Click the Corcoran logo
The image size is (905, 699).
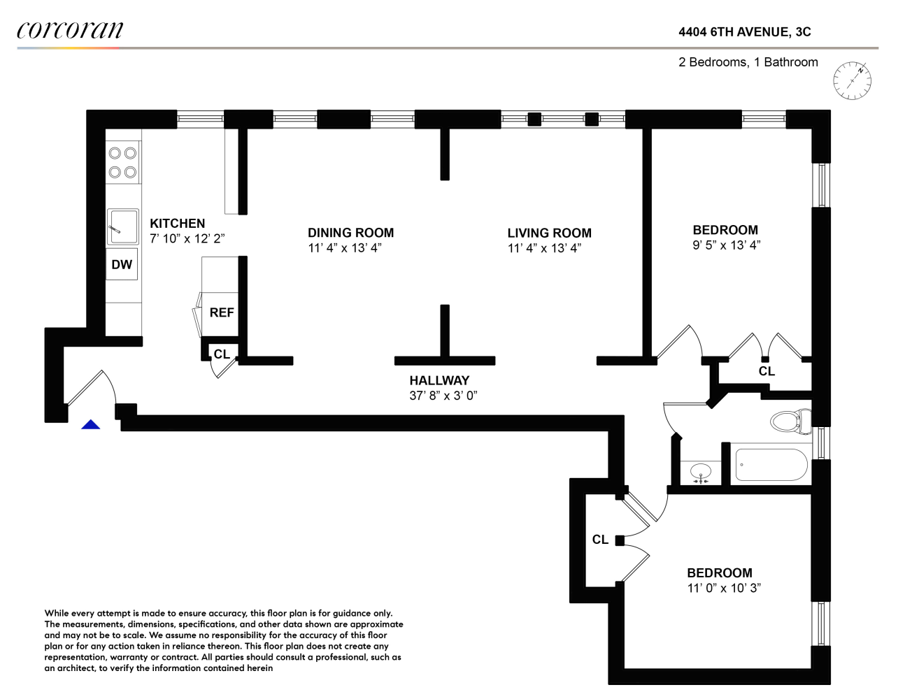tap(70, 30)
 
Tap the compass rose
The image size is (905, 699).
tap(852, 80)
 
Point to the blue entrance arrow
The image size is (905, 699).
tap(90, 424)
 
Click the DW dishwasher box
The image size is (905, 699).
tap(122, 264)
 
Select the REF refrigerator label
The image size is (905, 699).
tap(222, 312)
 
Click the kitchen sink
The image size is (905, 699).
tap(123, 226)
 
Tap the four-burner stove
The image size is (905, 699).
tap(123, 163)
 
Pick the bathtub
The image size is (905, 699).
tap(771, 465)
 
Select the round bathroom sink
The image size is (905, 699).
tap(701, 473)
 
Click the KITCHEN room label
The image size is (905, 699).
tap(178, 224)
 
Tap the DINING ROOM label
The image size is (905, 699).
tap(350, 233)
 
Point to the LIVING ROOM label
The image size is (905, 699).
tap(549, 233)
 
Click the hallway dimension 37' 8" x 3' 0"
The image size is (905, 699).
tap(443, 395)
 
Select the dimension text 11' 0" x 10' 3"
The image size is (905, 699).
tap(724, 588)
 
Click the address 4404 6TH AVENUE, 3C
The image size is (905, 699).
tap(745, 32)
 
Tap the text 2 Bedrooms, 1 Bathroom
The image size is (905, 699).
tap(748, 62)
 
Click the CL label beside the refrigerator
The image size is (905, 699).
tap(222, 354)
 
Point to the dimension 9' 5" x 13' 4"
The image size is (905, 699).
tap(727, 245)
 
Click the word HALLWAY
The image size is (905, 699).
tap(439, 380)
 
